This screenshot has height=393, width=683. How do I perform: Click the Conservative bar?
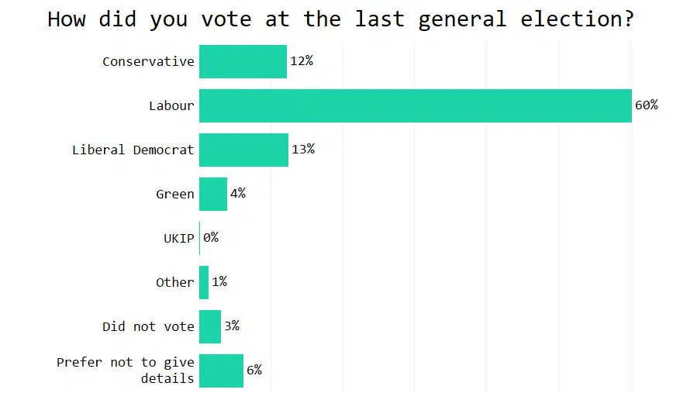pyautogui.click(x=243, y=61)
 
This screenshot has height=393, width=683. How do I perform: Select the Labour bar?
pyautogui.click(x=415, y=105)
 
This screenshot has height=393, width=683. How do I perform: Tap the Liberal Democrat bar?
pyautogui.click(x=243, y=150)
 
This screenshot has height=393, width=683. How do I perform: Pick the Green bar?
pyautogui.click(x=213, y=194)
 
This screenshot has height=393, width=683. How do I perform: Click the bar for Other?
pyautogui.click(x=204, y=282)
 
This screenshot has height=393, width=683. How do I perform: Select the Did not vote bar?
pyautogui.click(x=210, y=326)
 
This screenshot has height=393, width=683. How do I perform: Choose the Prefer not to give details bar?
pyautogui.click(x=221, y=371)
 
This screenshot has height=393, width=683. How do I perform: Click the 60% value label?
pyautogui.click(x=646, y=105)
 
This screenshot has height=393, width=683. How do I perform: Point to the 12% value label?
pyautogui.click(x=302, y=61)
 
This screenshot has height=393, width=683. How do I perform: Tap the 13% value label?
pyautogui.click(x=303, y=150)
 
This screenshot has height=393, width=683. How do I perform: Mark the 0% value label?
pyautogui.click(x=211, y=238)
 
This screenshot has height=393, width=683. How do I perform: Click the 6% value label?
pyautogui.click(x=254, y=371)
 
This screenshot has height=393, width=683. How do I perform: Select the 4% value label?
pyautogui.click(x=238, y=194)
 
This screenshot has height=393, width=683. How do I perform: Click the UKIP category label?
pyautogui.click(x=179, y=239)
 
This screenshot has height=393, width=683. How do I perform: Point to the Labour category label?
pyautogui.click(x=171, y=106)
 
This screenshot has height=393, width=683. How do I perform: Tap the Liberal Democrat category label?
pyautogui.click(x=133, y=150)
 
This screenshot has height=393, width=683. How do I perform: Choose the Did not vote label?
pyautogui.click(x=148, y=327)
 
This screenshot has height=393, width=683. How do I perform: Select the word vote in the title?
pyautogui.click(x=225, y=19)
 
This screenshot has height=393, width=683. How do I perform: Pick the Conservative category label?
pyautogui.click(x=148, y=62)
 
